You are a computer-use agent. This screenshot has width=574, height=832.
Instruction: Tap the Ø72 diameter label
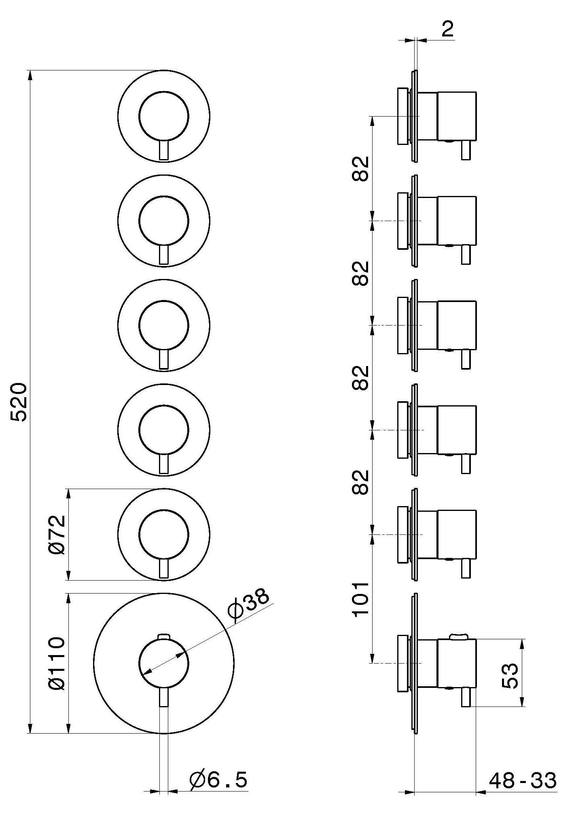click(x=57, y=534)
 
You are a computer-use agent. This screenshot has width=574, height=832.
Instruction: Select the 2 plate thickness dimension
click(x=448, y=30)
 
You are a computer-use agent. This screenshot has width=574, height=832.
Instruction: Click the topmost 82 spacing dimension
click(x=360, y=168)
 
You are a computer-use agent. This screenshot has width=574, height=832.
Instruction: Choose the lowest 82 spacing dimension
click(x=360, y=482)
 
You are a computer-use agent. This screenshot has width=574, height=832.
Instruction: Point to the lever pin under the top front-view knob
click(x=163, y=151)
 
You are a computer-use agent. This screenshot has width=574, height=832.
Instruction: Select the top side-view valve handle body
click(x=457, y=116)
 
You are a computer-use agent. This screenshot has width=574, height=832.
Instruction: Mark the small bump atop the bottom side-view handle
click(x=459, y=637)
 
